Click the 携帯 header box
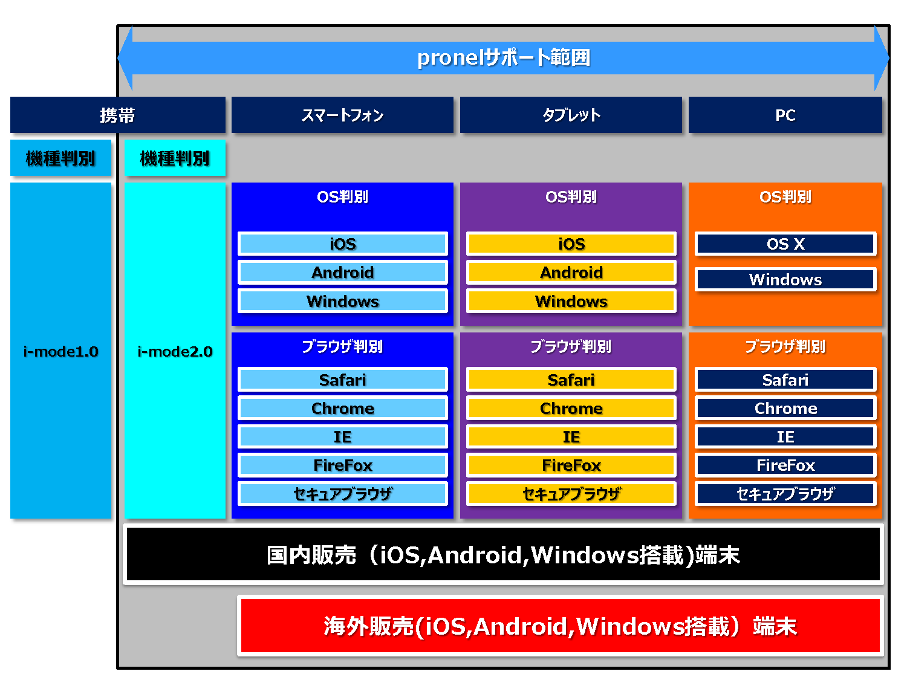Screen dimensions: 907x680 [118, 115]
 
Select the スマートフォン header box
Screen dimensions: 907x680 [342, 115]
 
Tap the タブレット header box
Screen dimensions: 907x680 [571, 115]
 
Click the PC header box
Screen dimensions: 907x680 [785, 115]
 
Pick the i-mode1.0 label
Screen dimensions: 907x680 [60, 351]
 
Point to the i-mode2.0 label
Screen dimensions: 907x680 [175, 351]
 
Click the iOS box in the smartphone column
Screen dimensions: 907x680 [343, 244]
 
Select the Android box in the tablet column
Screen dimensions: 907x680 [571, 273]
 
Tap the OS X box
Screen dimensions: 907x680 [785, 244]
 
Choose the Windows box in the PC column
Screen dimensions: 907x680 [785, 279]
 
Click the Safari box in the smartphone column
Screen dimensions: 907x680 [343, 380]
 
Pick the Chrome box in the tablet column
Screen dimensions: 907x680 [571, 408]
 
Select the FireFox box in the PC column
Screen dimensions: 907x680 [785, 465]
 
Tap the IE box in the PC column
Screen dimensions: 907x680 [785, 436]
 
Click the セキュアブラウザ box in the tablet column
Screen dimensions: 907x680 [571, 493]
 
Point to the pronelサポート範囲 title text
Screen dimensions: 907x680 [503, 58]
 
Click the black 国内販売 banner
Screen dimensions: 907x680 [503, 554]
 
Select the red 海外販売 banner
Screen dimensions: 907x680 [560, 626]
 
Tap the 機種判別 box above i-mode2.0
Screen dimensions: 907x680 [175, 158]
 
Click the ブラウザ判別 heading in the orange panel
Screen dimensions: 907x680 [785, 346]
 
